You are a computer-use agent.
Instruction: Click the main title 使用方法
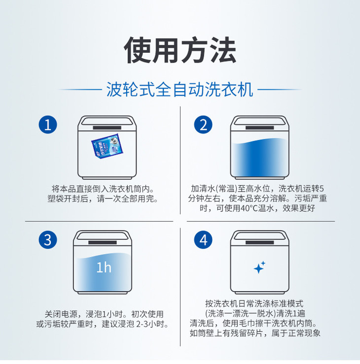(x=180, y=50)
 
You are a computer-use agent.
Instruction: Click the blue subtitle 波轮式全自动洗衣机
(x=180, y=90)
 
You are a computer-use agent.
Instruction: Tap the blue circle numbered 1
(x=48, y=125)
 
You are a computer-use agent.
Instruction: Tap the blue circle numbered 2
(x=203, y=125)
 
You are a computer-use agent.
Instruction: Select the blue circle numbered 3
(x=48, y=240)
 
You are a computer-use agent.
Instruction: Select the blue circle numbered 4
(x=203, y=240)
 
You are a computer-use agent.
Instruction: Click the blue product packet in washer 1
(x=107, y=146)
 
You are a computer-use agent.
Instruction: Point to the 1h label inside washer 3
(x=104, y=267)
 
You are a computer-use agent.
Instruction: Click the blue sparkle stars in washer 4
(x=259, y=267)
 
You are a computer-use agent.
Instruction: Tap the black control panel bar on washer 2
(x=259, y=128)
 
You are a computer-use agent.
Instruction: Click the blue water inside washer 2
(x=259, y=157)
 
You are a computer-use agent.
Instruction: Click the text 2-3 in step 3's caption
(x=142, y=324)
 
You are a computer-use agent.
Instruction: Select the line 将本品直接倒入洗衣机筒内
(x=103, y=189)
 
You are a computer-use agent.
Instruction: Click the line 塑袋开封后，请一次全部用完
(x=103, y=199)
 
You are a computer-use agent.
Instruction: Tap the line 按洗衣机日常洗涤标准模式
(x=254, y=303)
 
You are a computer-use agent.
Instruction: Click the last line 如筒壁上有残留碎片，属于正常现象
(x=255, y=333)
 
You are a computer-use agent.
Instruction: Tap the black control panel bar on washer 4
(x=259, y=243)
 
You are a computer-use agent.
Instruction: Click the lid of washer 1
(x=107, y=121)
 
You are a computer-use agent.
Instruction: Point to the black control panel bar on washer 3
(x=103, y=243)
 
